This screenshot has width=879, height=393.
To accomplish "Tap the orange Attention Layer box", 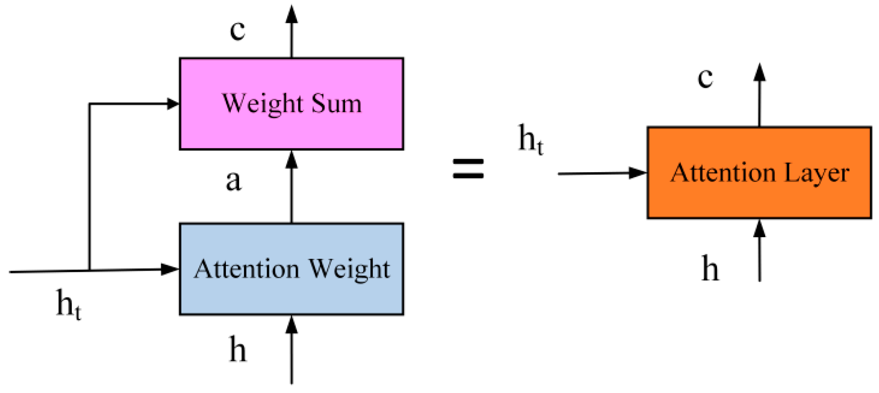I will click(x=759, y=199).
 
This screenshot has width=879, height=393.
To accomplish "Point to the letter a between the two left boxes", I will click(x=233, y=181).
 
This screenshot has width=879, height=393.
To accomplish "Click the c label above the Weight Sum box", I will click(x=237, y=30).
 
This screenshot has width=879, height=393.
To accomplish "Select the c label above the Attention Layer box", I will click(x=705, y=77).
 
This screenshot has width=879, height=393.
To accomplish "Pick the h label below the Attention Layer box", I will click(x=710, y=268).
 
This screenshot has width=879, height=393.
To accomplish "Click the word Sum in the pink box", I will click(x=336, y=103).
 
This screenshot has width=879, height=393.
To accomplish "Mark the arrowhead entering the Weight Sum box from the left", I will click(x=173, y=104).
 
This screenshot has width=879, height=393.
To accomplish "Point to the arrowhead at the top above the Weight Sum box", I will click(x=291, y=14).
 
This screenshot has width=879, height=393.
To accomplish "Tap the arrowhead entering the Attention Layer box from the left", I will click(x=638, y=173).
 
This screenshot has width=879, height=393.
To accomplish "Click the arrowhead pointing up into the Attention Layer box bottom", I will click(x=759, y=228).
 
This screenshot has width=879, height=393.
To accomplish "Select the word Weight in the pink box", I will click(x=263, y=104).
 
